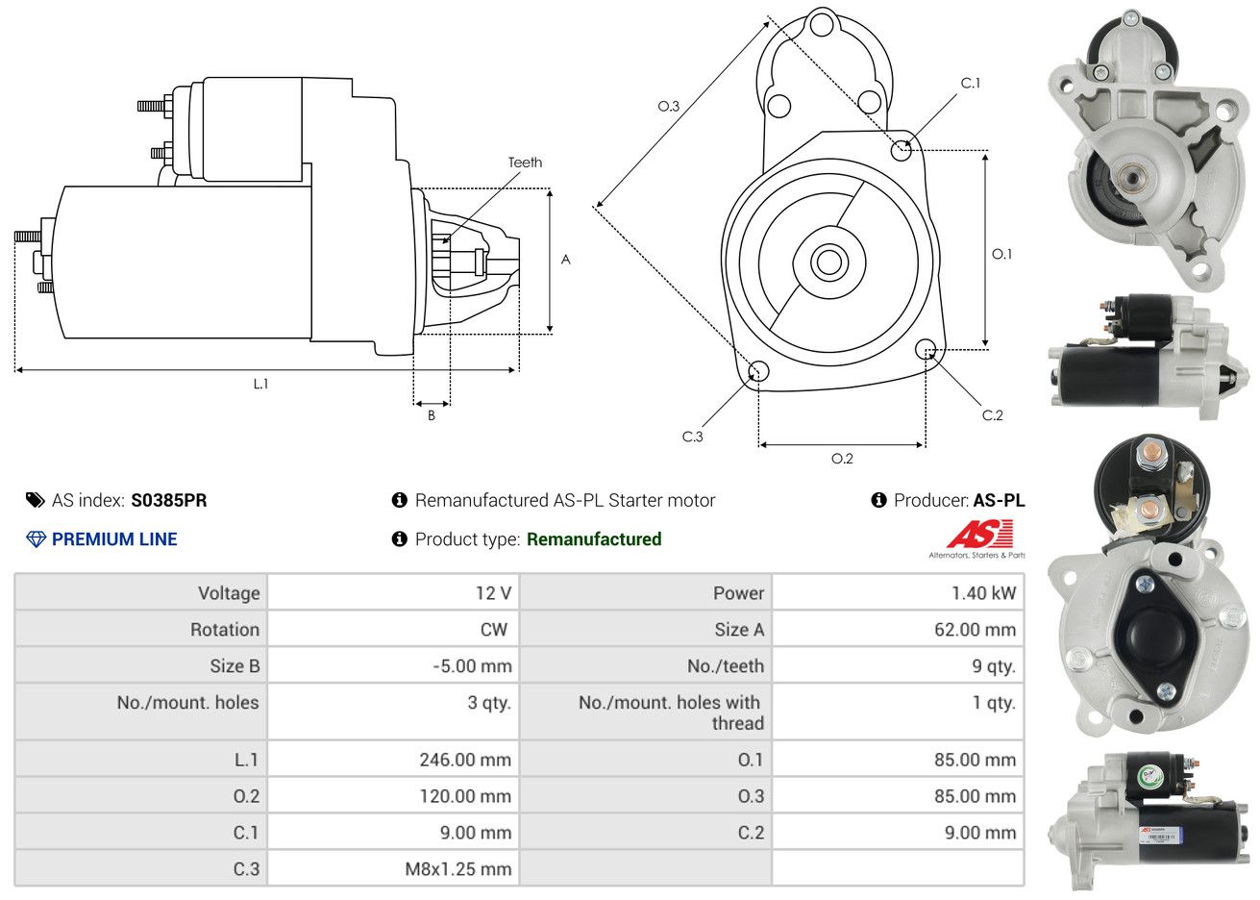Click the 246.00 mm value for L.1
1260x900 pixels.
[465, 760]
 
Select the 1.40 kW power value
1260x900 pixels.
[983, 593]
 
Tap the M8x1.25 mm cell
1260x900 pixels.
[457, 869]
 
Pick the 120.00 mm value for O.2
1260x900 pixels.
[466, 796]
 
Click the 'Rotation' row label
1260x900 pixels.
[225, 630]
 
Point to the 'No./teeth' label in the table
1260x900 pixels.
[726, 666]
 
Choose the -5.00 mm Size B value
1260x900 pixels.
[472, 666]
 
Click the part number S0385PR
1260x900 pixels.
[169, 500]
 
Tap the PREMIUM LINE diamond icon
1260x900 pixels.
[36, 539]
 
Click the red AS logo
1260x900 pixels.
[979, 534]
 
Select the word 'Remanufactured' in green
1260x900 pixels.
[594, 539]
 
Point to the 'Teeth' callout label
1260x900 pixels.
[525, 162]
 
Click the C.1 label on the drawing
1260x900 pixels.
[971, 83]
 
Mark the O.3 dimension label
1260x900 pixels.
[668, 106]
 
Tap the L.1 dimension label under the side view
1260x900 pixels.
[260, 384]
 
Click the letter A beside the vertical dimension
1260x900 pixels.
[565, 260]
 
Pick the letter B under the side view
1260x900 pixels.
[432, 415]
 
